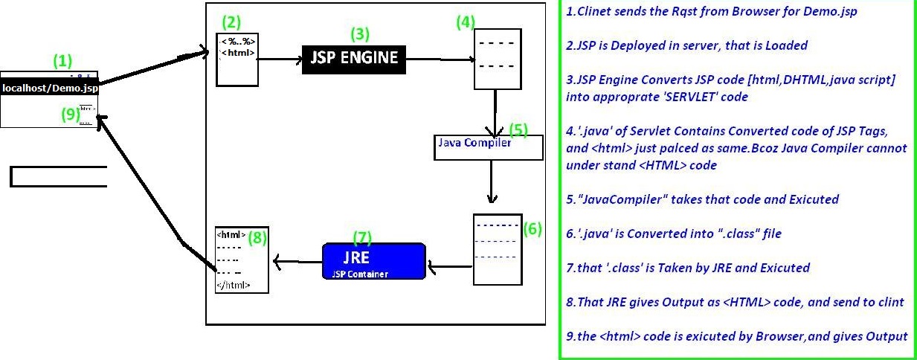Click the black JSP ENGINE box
click(x=354, y=58)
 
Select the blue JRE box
click(x=374, y=261)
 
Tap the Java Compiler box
click(x=489, y=146)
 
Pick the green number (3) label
click(x=359, y=33)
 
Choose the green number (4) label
click(x=466, y=22)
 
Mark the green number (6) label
click(x=532, y=228)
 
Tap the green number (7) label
click(x=361, y=237)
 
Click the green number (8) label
click(x=257, y=238)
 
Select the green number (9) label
click(x=68, y=114)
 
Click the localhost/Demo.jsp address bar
click(x=50, y=88)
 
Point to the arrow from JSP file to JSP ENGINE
click(x=280, y=57)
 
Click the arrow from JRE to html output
click(x=297, y=261)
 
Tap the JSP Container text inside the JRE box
click(x=360, y=274)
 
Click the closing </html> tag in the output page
click(x=233, y=285)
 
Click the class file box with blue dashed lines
click(x=497, y=249)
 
